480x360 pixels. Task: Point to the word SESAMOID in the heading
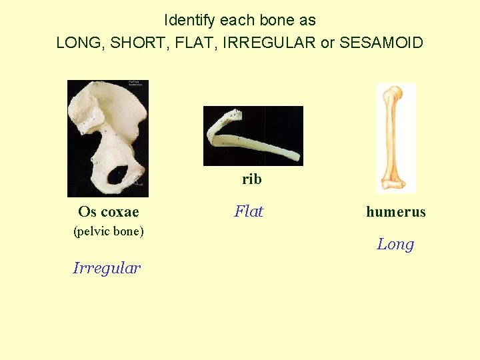coord(381,43)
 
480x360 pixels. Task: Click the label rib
coord(251,179)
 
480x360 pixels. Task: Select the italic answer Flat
coord(249,211)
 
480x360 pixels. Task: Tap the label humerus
coord(395,212)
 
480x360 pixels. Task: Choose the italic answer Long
coord(395,244)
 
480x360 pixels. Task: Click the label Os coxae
coord(108,212)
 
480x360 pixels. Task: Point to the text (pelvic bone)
coord(108,232)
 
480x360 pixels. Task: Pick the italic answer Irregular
coord(107,268)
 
